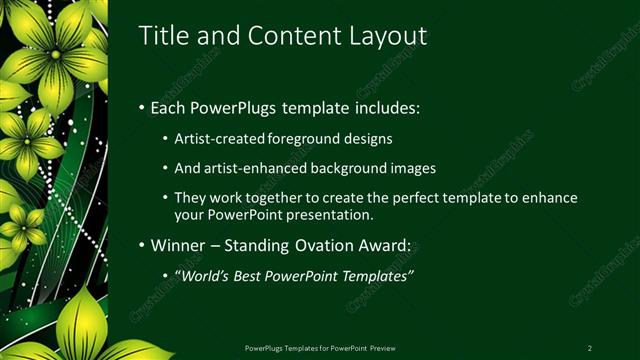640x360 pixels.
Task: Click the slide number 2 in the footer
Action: [589, 347]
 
